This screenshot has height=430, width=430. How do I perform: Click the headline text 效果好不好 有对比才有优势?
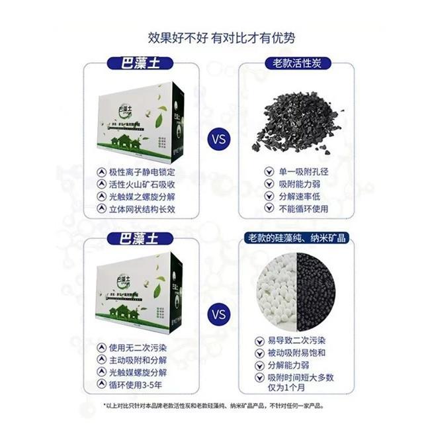tap(214, 37)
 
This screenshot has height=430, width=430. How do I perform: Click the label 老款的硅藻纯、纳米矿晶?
tap(296, 237)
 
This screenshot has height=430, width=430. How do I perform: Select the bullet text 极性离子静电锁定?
tap(142, 170)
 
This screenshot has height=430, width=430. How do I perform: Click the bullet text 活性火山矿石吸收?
tap(142, 183)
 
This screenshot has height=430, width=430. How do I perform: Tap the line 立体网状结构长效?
tap(142, 208)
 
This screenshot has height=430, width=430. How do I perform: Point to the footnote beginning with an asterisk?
tap(214, 406)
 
